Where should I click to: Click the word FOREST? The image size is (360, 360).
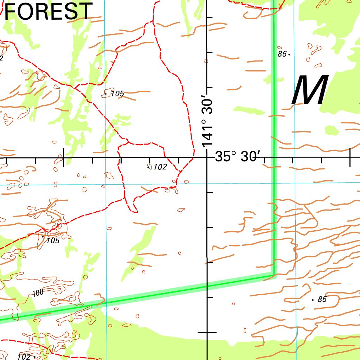(49, 11)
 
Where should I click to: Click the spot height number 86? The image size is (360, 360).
(282, 54)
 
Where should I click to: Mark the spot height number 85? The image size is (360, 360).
(322, 300)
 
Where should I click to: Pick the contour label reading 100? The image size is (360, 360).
(38, 292)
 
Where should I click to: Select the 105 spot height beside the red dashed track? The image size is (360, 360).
(53, 240)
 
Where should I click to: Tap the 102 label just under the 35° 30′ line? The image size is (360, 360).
(160, 167)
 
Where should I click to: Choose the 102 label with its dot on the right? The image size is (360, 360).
(24, 357)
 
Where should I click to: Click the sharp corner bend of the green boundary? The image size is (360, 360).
(274, 274)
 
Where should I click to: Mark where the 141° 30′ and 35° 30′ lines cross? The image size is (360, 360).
(207, 157)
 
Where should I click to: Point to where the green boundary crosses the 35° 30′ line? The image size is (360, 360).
(274, 157)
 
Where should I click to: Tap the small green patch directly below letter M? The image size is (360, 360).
(331, 131)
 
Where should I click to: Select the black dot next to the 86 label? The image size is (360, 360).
(289, 54)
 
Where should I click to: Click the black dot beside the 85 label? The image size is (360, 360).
(313, 300)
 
